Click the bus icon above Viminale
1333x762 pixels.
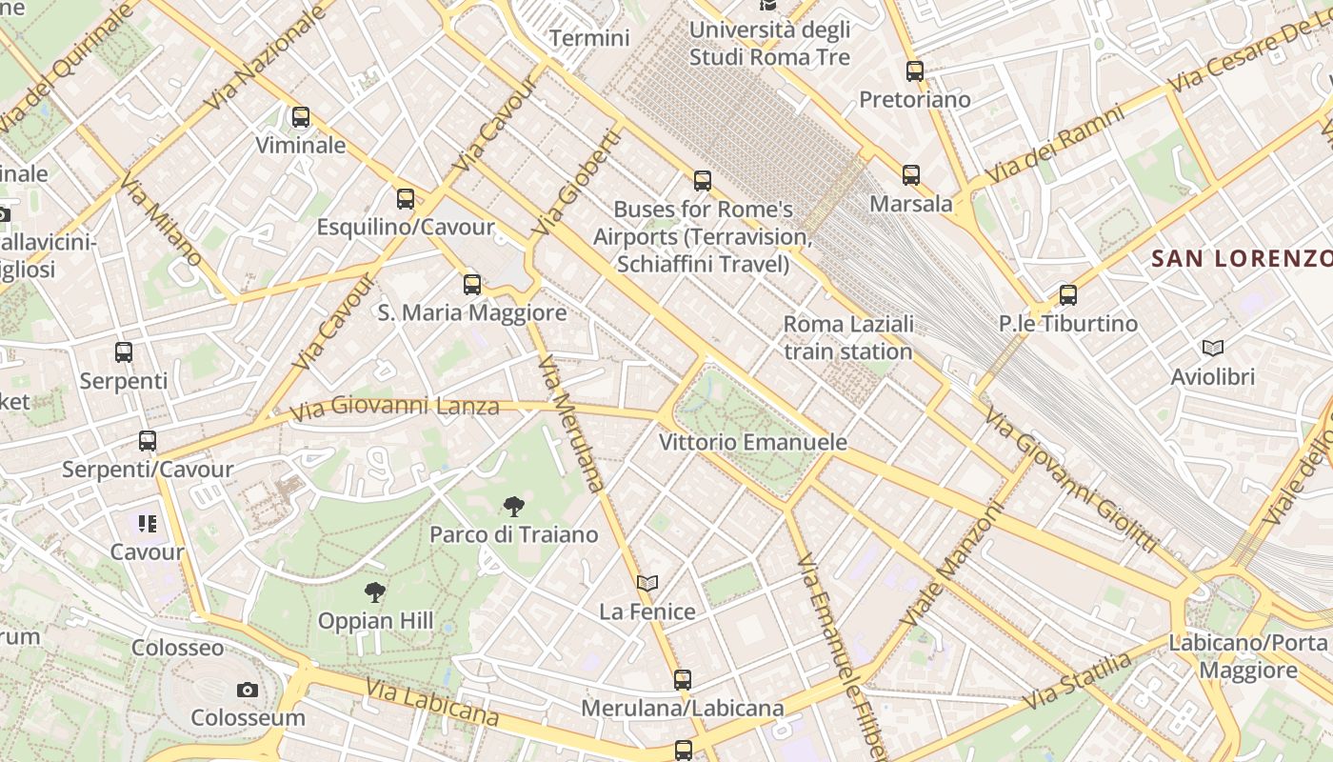point(301,117)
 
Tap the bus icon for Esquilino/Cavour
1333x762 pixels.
point(406,199)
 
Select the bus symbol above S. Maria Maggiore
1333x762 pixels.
point(472,284)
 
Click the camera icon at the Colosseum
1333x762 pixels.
point(248,690)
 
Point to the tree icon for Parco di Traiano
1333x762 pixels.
point(514,506)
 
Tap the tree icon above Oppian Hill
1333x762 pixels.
point(375,592)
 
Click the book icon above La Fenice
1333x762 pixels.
point(647,583)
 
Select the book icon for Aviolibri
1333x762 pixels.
point(1213,349)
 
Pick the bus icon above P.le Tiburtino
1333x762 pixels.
point(1068,295)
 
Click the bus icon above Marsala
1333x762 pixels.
point(911,175)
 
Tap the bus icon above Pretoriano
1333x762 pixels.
point(915,71)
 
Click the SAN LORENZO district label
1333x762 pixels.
point(1241,258)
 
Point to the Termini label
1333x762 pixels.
point(590,38)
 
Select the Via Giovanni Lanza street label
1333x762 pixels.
point(394,408)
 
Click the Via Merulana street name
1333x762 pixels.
point(571,424)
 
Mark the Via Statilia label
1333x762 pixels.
point(1078,680)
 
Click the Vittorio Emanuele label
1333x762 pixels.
point(753,442)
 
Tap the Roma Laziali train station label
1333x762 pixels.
point(848,337)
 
